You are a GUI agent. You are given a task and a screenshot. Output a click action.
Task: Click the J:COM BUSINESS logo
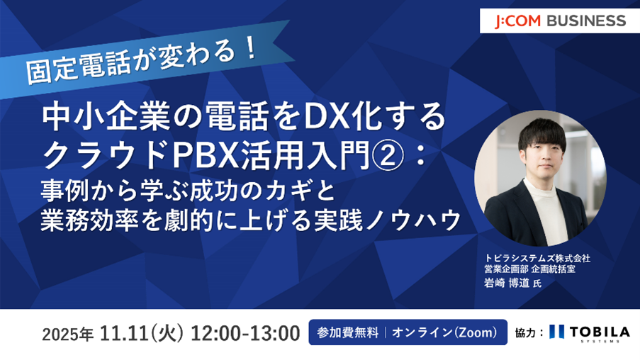[560, 21]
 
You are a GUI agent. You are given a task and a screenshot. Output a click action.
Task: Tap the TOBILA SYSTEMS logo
[590, 332]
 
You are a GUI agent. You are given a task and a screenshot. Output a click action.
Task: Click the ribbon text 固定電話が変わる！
[141, 60]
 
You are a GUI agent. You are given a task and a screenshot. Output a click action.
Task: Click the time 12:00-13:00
[245, 333]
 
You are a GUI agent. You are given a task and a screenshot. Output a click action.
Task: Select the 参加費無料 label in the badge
[347, 332]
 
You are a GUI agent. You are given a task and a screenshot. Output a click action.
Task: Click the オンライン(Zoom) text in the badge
[445, 332]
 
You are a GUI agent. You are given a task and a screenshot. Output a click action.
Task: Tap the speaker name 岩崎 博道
[507, 283]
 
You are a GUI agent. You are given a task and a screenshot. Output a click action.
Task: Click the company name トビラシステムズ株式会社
[537, 259]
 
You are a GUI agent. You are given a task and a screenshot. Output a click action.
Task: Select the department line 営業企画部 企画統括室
[530, 269]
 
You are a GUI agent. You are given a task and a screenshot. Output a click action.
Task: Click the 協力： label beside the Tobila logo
[529, 333]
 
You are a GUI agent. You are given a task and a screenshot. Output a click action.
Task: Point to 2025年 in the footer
[68, 334]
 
